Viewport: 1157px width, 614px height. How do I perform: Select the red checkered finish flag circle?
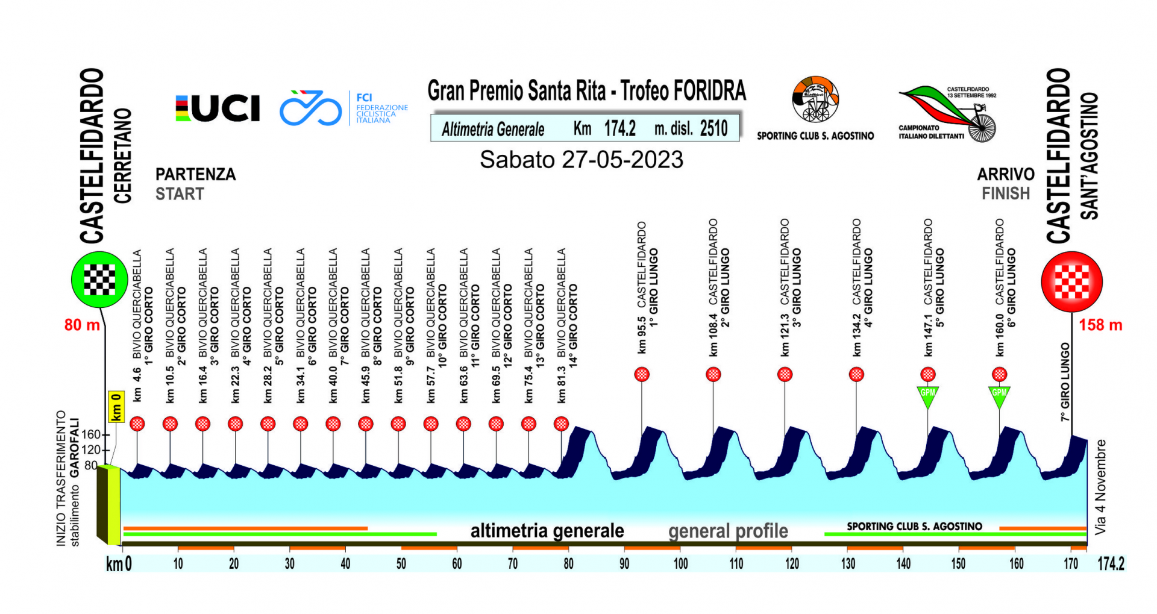[x=1072, y=281]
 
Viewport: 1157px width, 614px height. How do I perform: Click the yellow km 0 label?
[x=116, y=407]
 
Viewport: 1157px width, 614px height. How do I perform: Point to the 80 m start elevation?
[x=82, y=325]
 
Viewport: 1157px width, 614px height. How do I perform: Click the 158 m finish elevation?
[x=1100, y=325]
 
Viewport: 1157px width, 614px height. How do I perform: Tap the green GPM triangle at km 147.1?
[x=928, y=395]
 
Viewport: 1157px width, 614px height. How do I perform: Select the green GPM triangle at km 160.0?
[x=1000, y=395]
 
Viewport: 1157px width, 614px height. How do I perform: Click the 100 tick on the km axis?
[x=680, y=564]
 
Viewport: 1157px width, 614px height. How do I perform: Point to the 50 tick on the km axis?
[x=401, y=564]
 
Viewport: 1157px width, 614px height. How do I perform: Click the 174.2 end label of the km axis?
[x=1111, y=564]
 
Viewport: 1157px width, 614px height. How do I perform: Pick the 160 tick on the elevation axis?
[x=91, y=434]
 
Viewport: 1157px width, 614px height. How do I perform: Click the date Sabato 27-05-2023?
[x=582, y=160]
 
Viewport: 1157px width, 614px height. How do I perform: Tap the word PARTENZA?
[x=195, y=175]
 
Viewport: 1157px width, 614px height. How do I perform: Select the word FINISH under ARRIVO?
[x=1006, y=194]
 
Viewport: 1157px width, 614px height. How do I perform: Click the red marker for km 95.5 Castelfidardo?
[x=642, y=375]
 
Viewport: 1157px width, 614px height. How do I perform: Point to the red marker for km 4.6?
[x=137, y=424]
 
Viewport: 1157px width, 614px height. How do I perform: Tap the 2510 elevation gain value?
[x=714, y=128]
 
